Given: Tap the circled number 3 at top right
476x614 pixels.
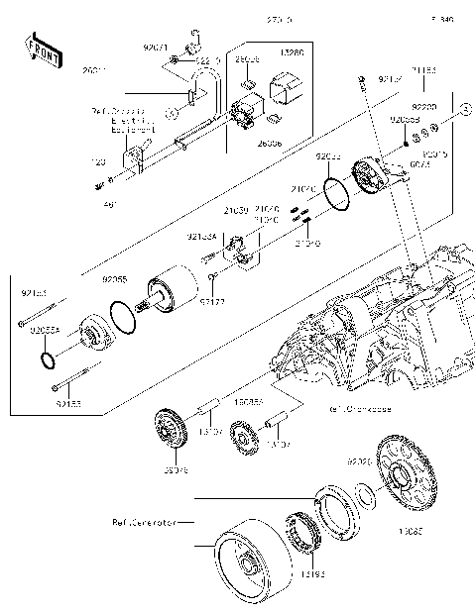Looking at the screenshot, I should tap(459, 118).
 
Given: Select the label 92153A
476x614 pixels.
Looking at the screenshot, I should tap(201, 237).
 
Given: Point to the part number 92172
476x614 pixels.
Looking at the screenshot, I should tap(211, 300).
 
